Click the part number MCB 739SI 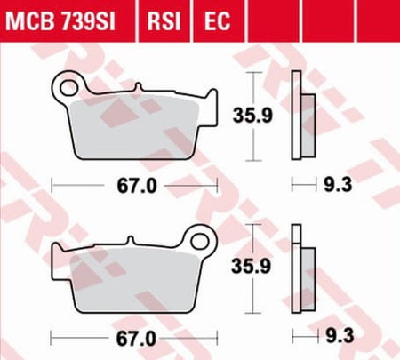(x=60, y=21)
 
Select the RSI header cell (x=164, y=21)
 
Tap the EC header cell (x=217, y=21)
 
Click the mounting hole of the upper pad (x=68, y=87)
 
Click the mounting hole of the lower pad (x=199, y=241)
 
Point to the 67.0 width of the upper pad (x=137, y=186)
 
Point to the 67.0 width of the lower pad (x=136, y=339)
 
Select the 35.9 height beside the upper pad (x=252, y=116)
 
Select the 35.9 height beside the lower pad (x=252, y=266)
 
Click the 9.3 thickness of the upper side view (x=338, y=185)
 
